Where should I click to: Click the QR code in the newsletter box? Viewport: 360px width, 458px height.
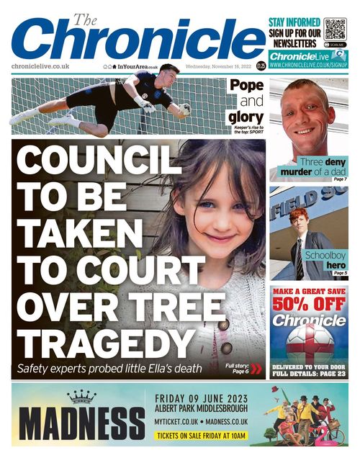335,29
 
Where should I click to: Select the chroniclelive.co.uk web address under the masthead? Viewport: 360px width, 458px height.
40,66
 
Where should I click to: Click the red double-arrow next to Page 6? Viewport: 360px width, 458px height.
256,369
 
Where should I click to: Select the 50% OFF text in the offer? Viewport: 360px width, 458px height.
308,303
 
